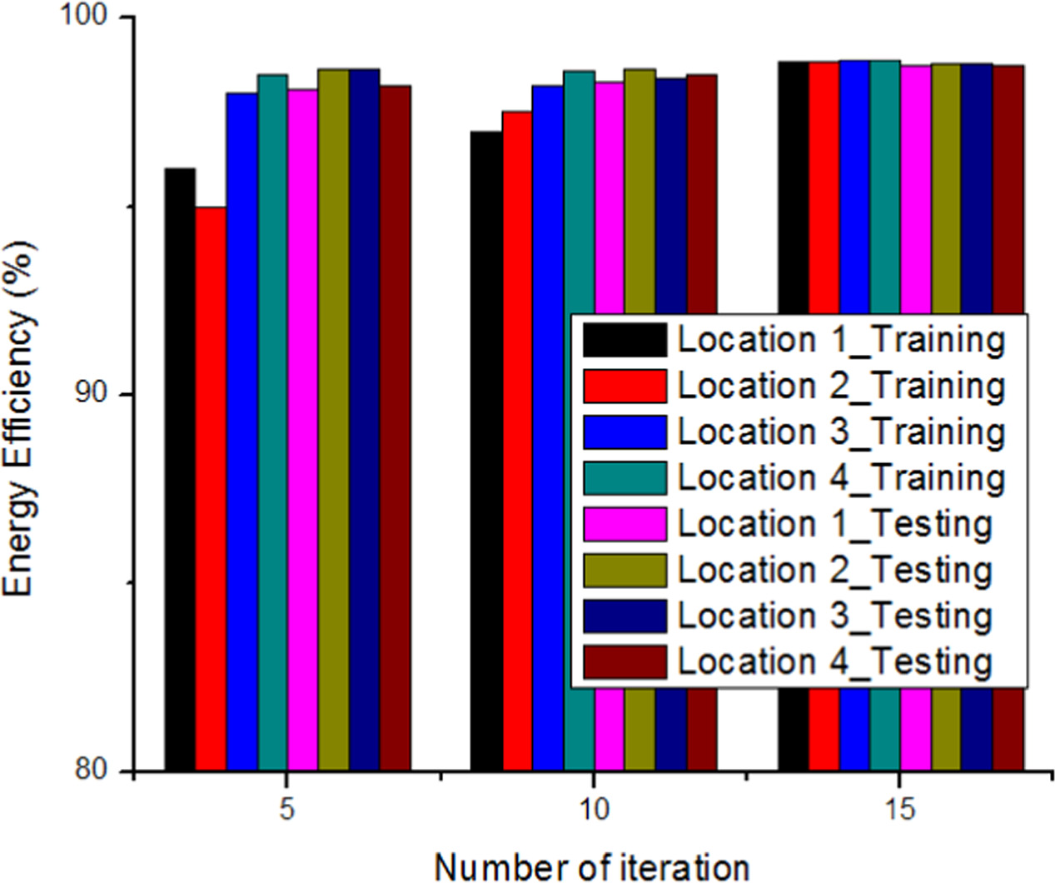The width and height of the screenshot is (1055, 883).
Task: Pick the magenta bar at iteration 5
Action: tap(303, 430)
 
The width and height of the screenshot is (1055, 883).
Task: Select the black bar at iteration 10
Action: tap(486, 451)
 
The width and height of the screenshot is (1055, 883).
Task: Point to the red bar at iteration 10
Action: tap(517, 441)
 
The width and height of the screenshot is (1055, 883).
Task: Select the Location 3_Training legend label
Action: tap(841, 432)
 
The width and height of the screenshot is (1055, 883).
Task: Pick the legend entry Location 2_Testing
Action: tap(834, 570)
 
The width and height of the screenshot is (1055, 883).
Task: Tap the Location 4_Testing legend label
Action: tap(834, 661)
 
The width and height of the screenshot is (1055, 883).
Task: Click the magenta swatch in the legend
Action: tap(625, 524)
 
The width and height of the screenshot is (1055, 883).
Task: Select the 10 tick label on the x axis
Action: tap(593, 809)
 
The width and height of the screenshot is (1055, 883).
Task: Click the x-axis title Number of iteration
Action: tap(591, 866)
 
